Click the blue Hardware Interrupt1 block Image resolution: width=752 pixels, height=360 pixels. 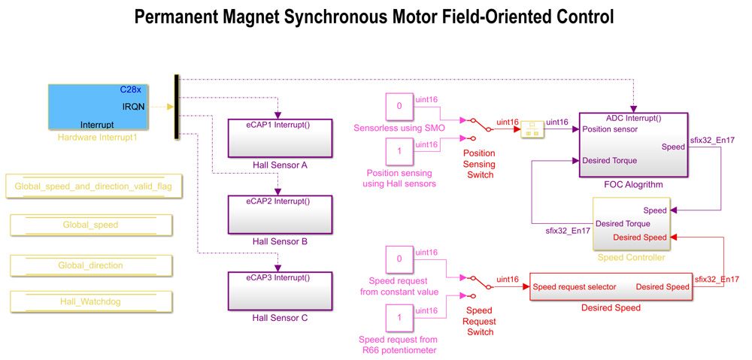click(x=98, y=107)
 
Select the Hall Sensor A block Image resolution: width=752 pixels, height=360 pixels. click(x=280, y=137)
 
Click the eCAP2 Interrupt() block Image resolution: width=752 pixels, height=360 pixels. click(x=280, y=214)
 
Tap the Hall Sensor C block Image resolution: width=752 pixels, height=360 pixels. click(x=280, y=290)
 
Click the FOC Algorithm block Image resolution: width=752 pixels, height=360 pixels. click(x=633, y=145)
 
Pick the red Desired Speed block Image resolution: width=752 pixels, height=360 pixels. click(x=611, y=286)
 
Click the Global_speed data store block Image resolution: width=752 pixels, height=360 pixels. click(x=90, y=225)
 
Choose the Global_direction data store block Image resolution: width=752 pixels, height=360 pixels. click(x=90, y=265)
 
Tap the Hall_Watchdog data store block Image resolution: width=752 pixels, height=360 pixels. click(x=90, y=302)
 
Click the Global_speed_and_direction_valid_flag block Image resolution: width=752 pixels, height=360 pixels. click(x=94, y=186)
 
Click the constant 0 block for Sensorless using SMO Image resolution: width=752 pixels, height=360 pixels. click(x=399, y=107)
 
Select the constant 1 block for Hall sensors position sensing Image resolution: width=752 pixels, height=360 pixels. click(x=399, y=152)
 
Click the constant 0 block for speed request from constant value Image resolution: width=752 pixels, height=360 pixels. click(x=399, y=259)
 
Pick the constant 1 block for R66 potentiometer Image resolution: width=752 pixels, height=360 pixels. click(x=399, y=318)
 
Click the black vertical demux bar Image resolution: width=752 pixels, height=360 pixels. click(x=177, y=107)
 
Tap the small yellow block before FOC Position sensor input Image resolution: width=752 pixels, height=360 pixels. click(x=532, y=129)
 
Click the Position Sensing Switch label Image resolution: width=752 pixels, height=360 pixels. click(x=479, y=164)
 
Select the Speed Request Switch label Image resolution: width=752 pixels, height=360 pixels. click(x=479, y=321)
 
